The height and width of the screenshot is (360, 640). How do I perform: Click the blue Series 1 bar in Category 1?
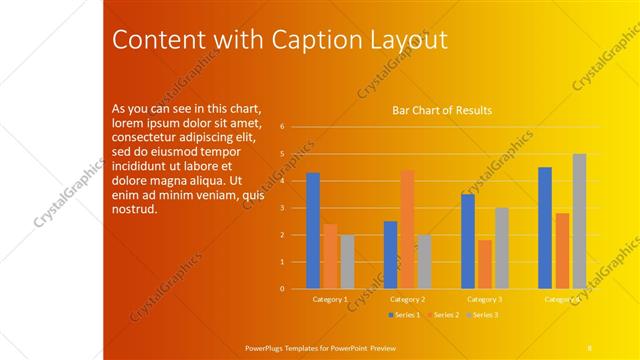pyautogui.click(x=313, y=231)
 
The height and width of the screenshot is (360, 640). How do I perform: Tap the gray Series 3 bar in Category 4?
pyautogui.click(x=579, y=221)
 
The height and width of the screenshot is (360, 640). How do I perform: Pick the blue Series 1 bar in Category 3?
pyautogui.click(x=467, y=241)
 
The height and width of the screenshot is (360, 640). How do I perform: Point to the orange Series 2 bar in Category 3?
pyautogui.click(x=485, y=264)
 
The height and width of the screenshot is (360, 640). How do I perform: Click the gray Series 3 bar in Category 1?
pyautogui.click(x=347, y=262)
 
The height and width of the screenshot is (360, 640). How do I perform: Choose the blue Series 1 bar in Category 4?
pyautogui.click(x=545, y=228)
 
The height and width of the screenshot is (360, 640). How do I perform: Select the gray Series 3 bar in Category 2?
pyautogui.click(x=424, y=262)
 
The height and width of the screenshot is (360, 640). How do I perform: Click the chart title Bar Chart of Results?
pyautogui.click(x=441, y=110)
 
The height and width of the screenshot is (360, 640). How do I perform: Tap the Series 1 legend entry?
pyautogui.click(x=403, y=315)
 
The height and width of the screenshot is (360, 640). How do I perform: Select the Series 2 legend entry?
pyautogui.click(x=442, y=315)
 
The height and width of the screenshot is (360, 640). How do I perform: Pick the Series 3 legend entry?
pyautogui.click(x=481, y=315)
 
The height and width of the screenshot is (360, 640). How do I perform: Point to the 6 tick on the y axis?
pyautogui.click(x=283, y=127)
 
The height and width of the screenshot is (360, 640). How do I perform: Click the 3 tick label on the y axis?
pyautogui.click(x=283, y=208)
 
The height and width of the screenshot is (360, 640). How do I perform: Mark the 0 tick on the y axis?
pyautogui.click(x=283, y=289)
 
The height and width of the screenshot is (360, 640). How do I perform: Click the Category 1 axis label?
pyautogui.click(x=330, y=299)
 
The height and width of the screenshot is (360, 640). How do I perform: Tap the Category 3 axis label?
pyautogui.click(x=485, y=299)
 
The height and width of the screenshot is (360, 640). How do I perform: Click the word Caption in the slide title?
pyautogui.click(x=284, y=40)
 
